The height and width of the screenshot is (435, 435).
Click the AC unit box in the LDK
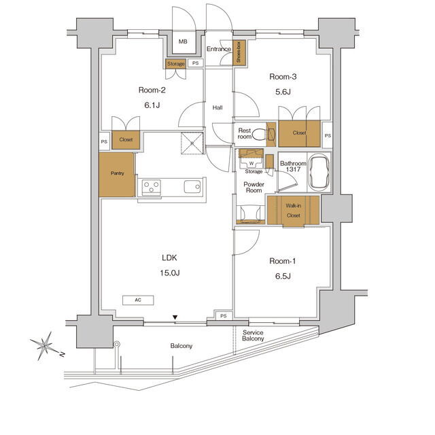pos(138,300)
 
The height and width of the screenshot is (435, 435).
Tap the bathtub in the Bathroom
pos(319,172)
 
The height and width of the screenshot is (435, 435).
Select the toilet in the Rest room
pos(258,135)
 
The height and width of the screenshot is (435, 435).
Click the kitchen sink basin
pos(192,186)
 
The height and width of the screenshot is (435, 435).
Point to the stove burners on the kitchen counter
pos(152,187)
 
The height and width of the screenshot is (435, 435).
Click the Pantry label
pos(118,173)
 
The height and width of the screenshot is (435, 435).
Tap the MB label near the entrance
pos(183,41)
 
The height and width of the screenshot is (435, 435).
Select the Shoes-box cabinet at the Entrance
pos(239,53)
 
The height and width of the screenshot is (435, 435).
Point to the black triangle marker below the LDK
pos(175,317)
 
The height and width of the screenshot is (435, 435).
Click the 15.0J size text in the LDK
pos(170,273)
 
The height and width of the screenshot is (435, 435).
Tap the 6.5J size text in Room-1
pos(283,276)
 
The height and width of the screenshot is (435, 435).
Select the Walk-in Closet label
pos(293,211)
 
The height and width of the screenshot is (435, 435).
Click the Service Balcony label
pos(253,335)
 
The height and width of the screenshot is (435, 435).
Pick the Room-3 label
pos(283,77)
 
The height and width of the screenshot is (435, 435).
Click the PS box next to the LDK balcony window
pos(224,315)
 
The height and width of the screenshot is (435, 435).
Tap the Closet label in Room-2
pos(126,139)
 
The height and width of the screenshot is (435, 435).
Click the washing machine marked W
pos(251,163)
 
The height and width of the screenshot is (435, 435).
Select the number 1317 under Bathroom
pos(293,169)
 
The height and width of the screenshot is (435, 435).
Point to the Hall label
pos(217,107)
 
